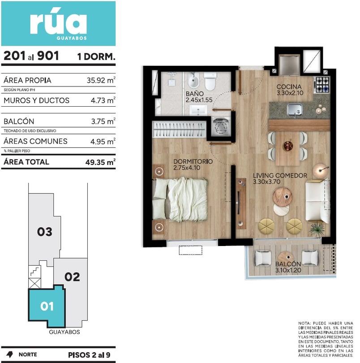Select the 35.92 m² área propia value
101,80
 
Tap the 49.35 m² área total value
100,162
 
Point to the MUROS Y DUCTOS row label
36,100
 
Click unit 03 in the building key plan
45,232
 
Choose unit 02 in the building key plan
72,277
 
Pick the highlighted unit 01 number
47,306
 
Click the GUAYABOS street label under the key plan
64,332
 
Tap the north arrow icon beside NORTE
9,354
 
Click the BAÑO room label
195,94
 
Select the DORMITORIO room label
193,161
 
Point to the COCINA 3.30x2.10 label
290,90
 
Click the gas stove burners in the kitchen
322,84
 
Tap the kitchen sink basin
295,109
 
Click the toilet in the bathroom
210,81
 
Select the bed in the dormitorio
180,199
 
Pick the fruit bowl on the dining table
288,146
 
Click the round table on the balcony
286,257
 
